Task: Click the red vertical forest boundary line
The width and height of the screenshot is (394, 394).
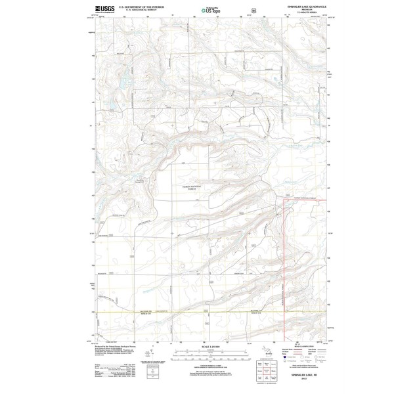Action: (283, 263)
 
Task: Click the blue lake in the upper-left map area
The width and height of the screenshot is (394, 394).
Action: (122, 83)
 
